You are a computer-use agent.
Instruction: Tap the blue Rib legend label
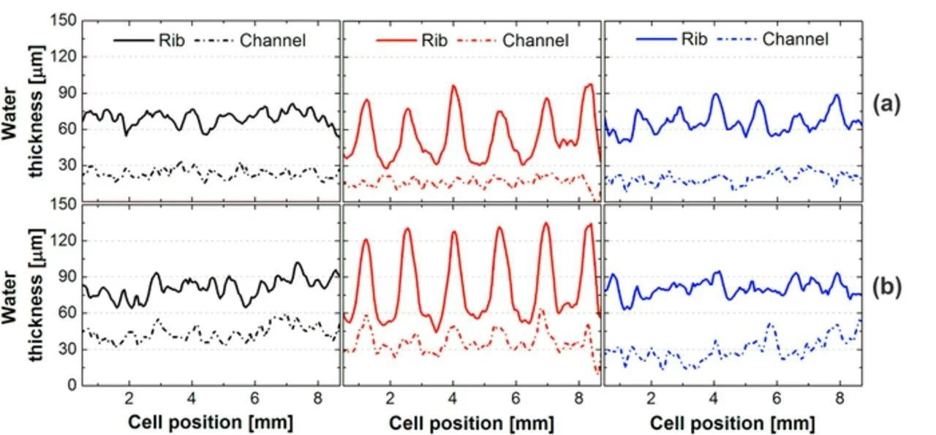point(691,39)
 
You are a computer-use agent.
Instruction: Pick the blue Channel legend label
point(796,39)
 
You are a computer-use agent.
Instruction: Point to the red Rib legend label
point(433,40)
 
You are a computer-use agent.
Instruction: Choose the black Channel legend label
point(273,40)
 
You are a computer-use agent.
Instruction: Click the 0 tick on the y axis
point(71,385)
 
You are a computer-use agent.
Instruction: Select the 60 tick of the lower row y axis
point(67,313)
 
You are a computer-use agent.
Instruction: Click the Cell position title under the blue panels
point(733,423)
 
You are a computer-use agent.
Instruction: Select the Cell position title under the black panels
point(211,423)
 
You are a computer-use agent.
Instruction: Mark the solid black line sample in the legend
point(132,40)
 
